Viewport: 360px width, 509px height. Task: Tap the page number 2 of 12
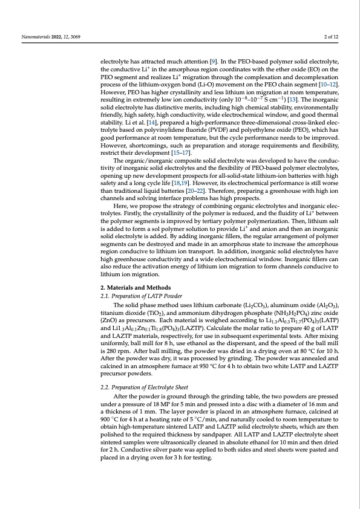coord(331,37)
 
